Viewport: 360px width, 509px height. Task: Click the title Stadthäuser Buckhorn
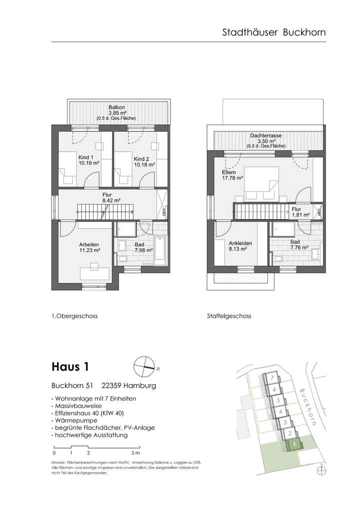[x=273, y=32]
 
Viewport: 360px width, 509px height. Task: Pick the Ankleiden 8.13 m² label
[x=240, y=247]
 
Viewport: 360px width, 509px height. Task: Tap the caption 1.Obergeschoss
[x=74, y=316]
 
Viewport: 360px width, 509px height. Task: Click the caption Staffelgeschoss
[x=228, y=316]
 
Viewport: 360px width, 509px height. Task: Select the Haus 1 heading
[x=70, y=367]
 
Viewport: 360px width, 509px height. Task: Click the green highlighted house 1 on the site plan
[x=295, y=444]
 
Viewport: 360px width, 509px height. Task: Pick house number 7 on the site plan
[x=270, y=377]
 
